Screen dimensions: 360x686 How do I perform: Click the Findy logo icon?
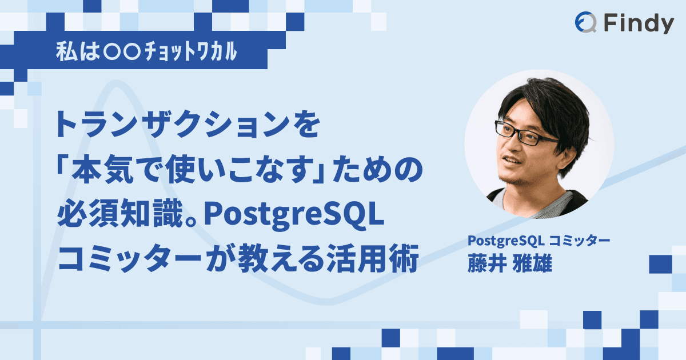[585, 23]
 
